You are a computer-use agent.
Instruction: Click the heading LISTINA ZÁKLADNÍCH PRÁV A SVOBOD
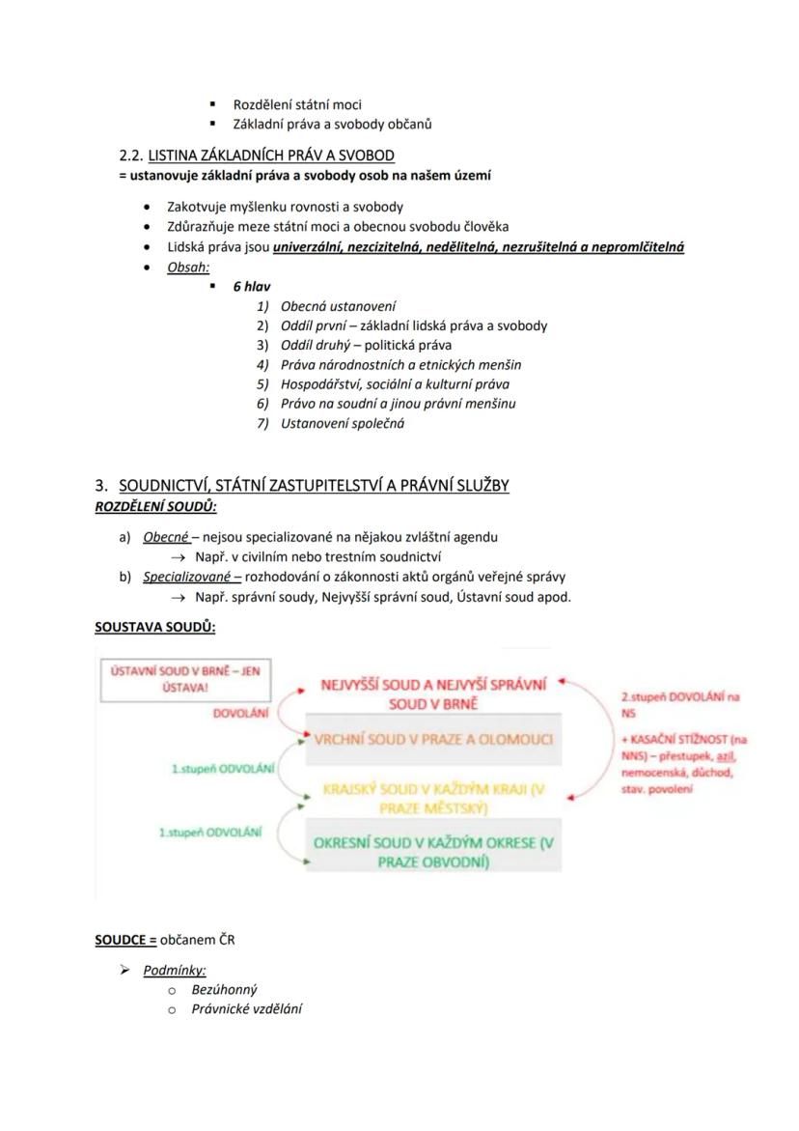point(270,156)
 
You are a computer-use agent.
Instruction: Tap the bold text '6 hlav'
point(251,287)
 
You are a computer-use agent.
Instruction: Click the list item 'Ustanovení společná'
point(343,423)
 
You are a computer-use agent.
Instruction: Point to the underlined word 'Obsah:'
point(188,268)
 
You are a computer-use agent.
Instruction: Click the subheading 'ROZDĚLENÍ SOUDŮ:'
point(155,506)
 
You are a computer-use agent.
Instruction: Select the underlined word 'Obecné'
point(166,537)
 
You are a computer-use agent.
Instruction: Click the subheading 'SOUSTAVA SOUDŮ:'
point(154,627)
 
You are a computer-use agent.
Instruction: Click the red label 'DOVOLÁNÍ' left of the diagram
point(240,713)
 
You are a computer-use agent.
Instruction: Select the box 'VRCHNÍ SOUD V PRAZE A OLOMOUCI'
point(433,740)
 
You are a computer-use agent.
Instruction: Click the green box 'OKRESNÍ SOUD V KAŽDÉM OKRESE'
point(433,851)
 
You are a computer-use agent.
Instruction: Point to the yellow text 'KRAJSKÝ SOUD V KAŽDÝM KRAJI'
point(433,798)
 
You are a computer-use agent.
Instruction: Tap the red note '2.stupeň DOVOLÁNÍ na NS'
point(679,704)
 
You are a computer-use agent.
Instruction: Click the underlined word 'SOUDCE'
point(125,940)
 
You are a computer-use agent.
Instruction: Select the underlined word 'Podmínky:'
point(175,971)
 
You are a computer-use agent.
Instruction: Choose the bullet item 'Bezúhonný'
point(225,990)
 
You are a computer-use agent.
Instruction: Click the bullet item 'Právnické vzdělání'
point(246,1009)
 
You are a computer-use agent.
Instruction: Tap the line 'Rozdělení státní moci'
point(297,104)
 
